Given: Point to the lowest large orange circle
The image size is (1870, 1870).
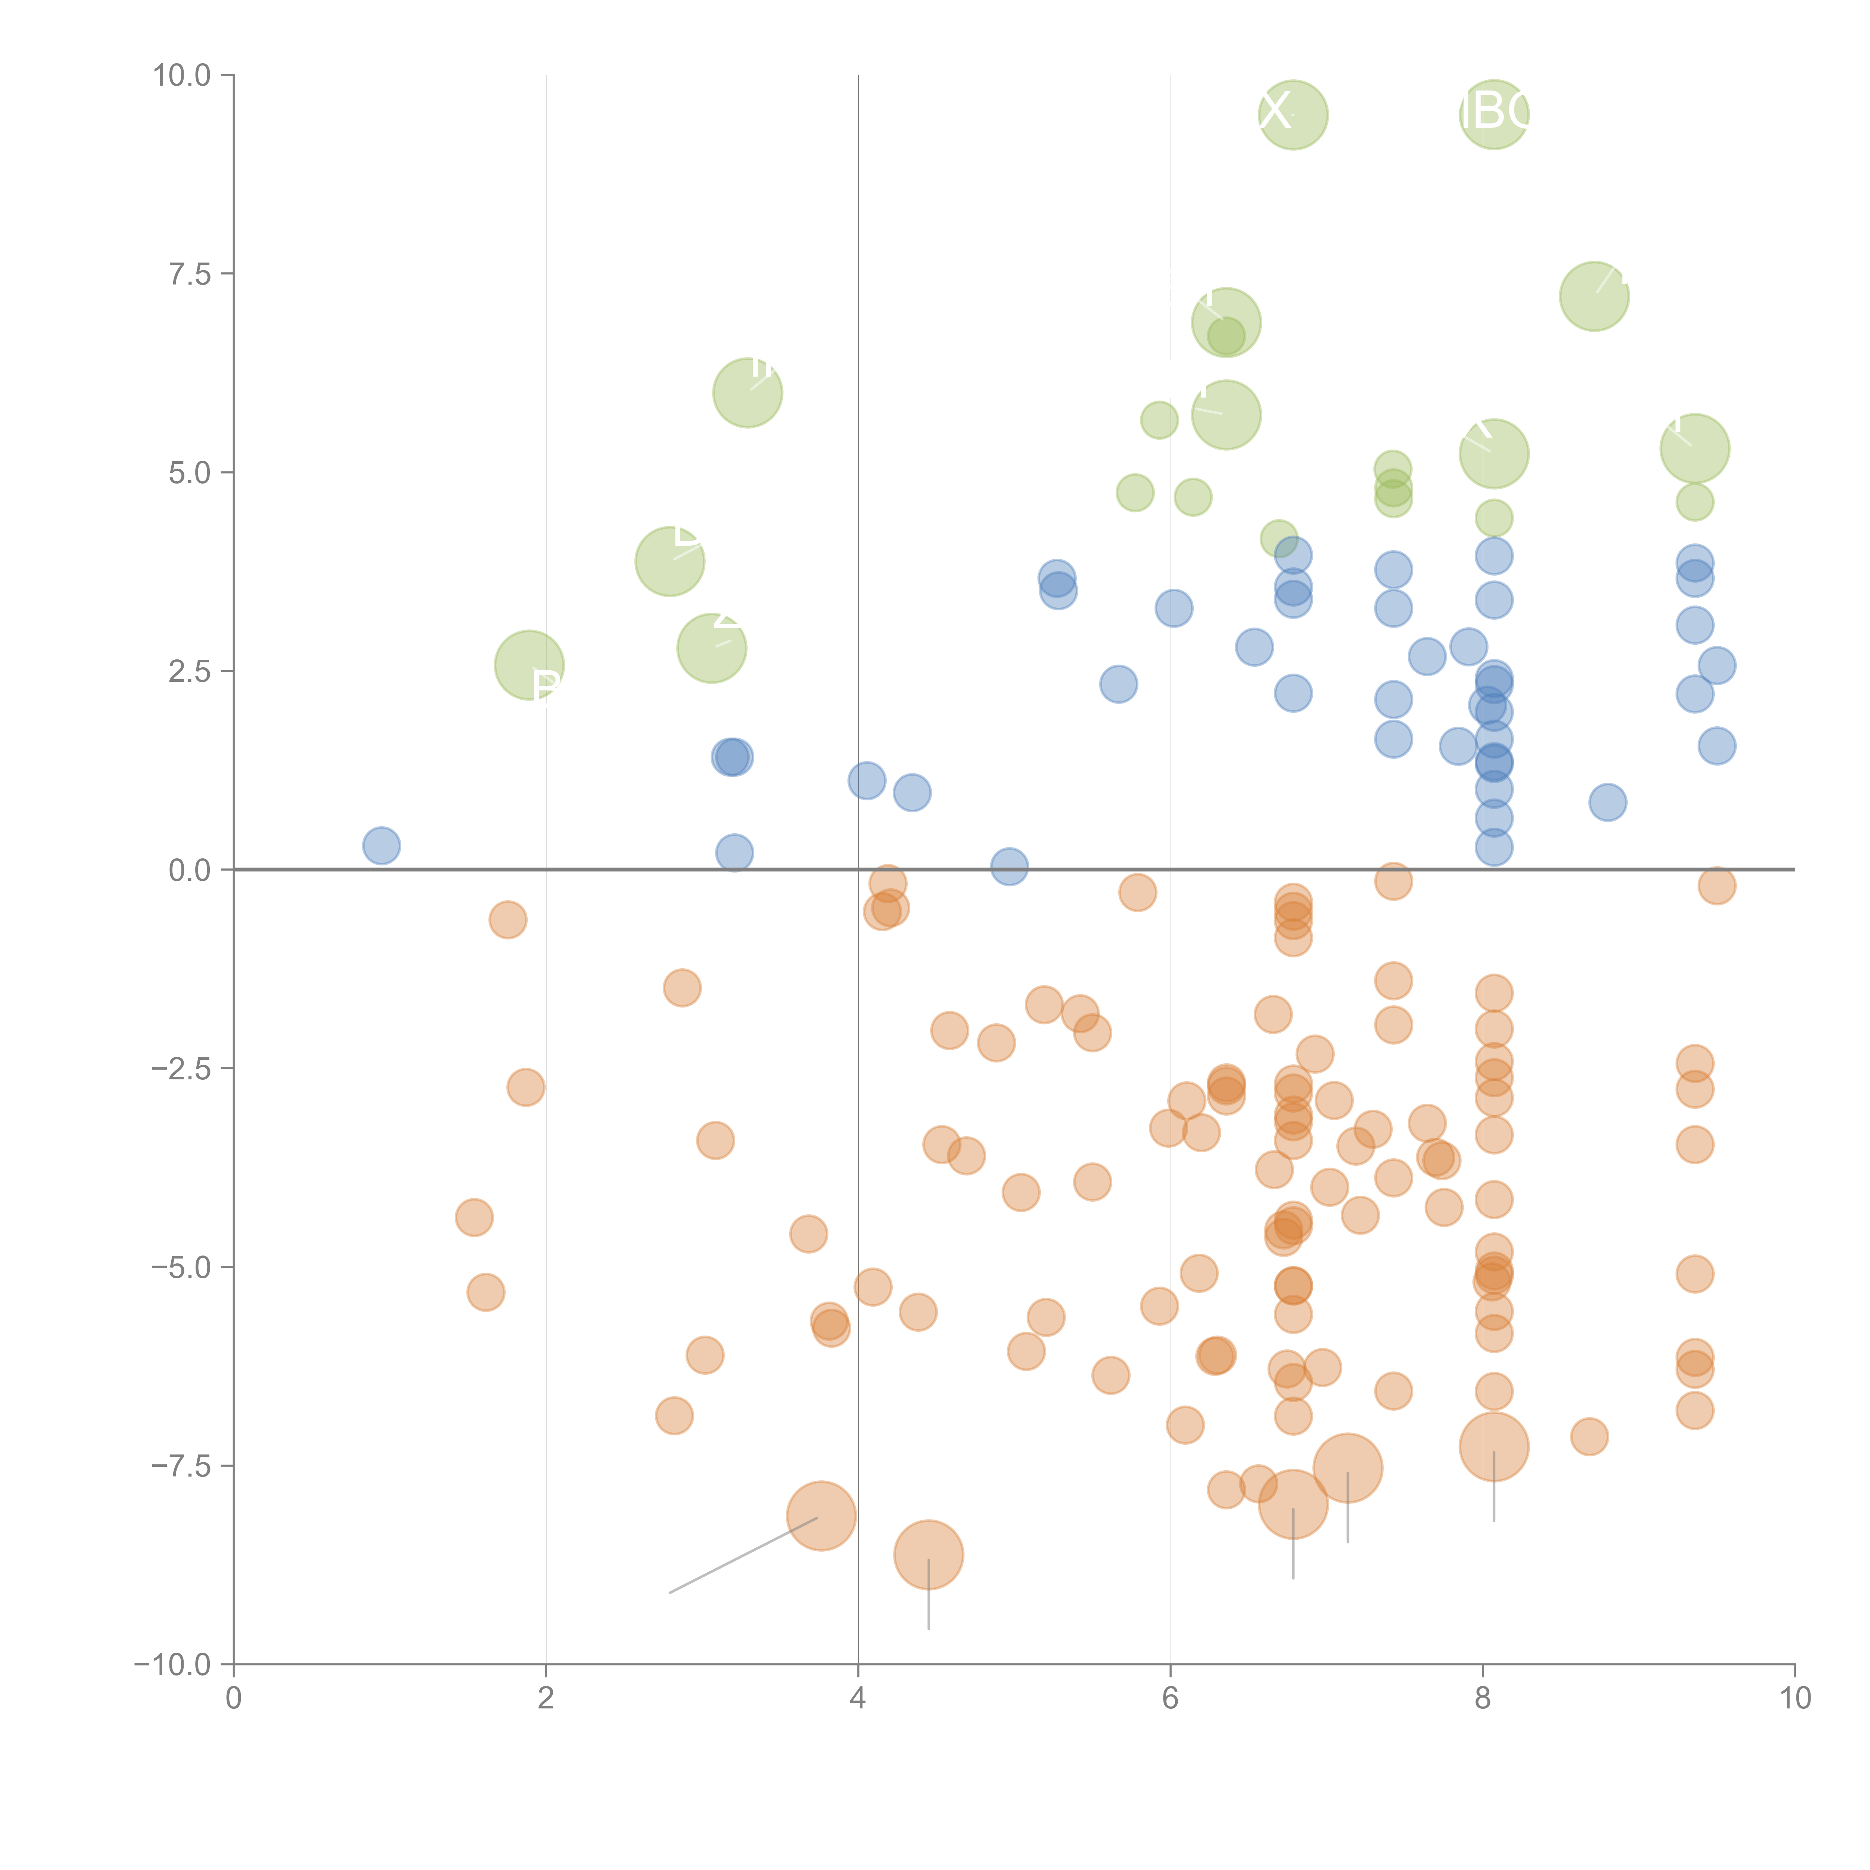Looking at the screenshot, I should [928, 1554].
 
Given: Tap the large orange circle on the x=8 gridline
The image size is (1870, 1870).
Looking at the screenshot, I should [1493, 1447].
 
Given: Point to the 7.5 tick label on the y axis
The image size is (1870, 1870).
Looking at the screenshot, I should [190, 274].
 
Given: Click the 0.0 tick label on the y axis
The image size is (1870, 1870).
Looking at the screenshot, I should [190, 870].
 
